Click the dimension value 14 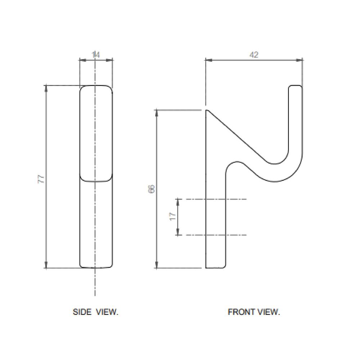click(x=95, y=55)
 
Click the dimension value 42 click(x=254, y=55)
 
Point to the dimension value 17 click(x=173, y=216)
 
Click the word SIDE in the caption click(x=82, y=312)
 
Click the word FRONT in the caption click(x=240, y=312)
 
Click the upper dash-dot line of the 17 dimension click(x=230, y=199)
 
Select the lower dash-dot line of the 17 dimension click(x=230, y=235)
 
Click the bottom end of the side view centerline click(x=95, y=295)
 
